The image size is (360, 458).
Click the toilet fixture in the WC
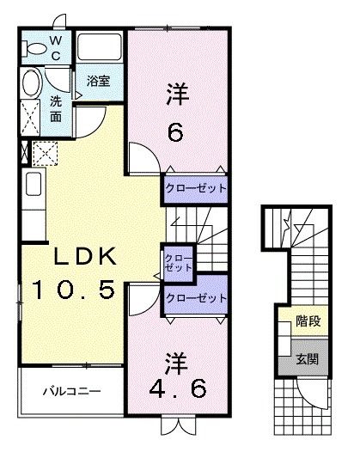[34, 48]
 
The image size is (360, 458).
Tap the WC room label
[56, 48]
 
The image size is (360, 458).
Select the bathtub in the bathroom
[100, 46]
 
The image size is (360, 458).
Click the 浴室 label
[99, 81]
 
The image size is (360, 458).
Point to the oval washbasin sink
[31, 83]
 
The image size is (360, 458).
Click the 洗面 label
[56, 109]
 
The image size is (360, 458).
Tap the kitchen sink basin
[34, 184]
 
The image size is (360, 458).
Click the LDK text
[85, 256]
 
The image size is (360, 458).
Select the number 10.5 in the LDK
[73, 290]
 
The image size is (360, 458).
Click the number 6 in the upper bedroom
[176, 132]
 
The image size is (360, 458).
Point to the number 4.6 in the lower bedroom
[178, 388]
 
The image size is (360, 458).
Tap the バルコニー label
[72, 391]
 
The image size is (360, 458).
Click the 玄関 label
[307, 359]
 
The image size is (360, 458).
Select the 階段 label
[308, 321]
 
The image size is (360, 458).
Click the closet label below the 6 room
[196, 188]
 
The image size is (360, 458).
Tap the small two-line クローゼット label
[179, 263]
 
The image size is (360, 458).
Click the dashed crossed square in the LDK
[45, 153]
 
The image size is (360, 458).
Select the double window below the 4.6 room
[178, 425]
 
